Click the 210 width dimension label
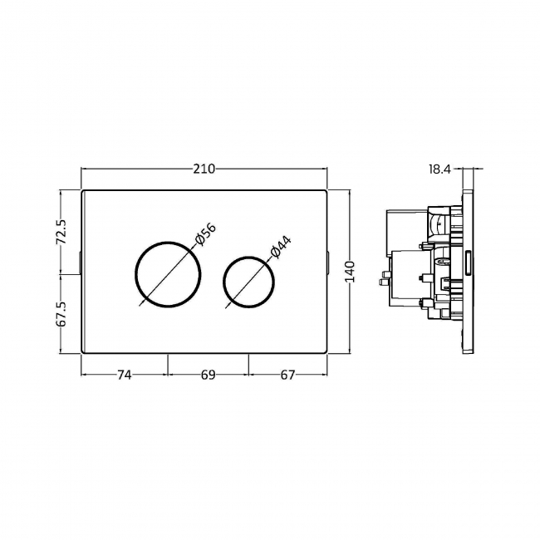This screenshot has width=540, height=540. [x=204, y=169]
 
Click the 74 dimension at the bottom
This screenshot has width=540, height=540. [x=124, y=376]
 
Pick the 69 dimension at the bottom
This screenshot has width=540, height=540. [x=208, y=376]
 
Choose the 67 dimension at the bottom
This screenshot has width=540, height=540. [x=287, y=376]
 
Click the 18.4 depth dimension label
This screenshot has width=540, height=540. [x=439, y=169]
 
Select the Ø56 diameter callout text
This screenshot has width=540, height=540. [x=204, y=234]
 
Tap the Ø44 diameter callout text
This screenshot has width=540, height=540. [x=280, y=248]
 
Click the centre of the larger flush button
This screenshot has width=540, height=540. [x=167, y=274]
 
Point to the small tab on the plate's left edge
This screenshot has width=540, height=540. [x=80, y=263]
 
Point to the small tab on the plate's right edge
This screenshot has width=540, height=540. [x=330, y=263]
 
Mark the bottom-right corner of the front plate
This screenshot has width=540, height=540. [x=327, y=352]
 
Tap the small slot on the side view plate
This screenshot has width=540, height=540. [x=470, y=263]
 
